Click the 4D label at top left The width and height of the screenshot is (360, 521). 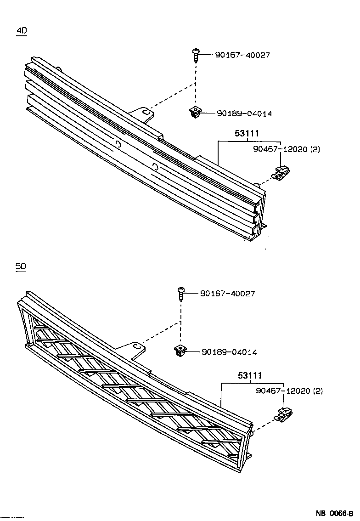(x=22, y=31)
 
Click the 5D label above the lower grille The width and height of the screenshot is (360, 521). (x=21, y=266)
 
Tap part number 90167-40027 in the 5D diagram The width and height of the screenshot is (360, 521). (x=227, y=294)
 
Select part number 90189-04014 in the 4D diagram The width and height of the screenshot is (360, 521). (x=244, y=113)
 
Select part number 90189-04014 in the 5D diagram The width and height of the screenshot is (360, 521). (x=229, y=352)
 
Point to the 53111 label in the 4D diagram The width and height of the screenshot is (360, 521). (x=247, y=134)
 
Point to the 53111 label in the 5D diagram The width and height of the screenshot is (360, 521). (x=250, y=376)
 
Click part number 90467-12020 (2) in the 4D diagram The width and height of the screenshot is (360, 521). (x=287, y=149)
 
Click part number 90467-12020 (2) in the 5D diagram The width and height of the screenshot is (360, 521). (x=289, y=391)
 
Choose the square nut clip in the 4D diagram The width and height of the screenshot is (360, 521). (x=196, y=112)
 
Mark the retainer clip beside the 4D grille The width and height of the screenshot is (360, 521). (x=281, y=172)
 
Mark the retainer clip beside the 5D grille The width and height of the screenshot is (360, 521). (x=284, y=415)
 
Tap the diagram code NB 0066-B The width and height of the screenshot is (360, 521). (x=334, y=513)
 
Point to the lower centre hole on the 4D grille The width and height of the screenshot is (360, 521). (x=155, y=167)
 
